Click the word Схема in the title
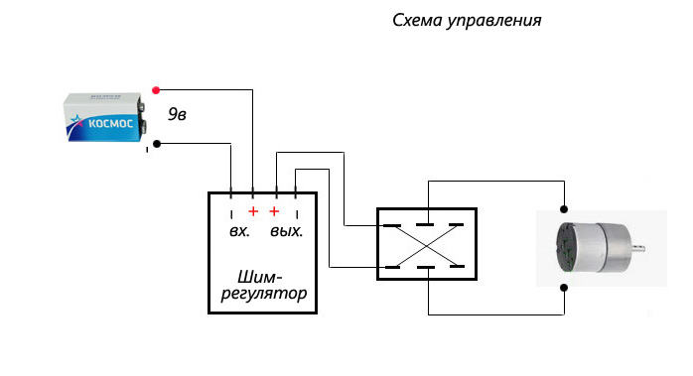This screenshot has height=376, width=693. pyautogui.click(x=417, y=20)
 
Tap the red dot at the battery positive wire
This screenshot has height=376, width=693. pyautogui.click(x=156, y=90)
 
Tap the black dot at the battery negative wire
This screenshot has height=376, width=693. pyautogui.click(x=157, y=144)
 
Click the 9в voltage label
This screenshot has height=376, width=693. pyautogui.click(x=177, y=114)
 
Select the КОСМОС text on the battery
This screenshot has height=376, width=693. pyautogui.click(x=110, y=123)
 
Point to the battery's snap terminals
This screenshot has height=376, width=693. pyautogui.click(x=142, y=116)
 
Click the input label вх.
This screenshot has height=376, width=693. pyautogui.click(x=239, y=231)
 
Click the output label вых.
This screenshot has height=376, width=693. pyautogui.click(x=286, y=231)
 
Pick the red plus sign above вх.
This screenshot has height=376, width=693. pyautogui.click(x=253, y=211)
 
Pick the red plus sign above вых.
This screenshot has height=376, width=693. pyautogui.click(x=274, y=211)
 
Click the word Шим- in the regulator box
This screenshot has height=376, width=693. pyautogui.click(x=260, y=277)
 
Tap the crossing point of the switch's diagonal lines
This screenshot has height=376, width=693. pyautogui.click(x=426, y=246)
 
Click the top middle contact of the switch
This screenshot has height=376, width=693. pyautogui.click(x=425, y=224)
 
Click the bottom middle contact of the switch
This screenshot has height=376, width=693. pyautogui.click(x=426, y=267)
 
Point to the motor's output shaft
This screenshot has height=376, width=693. pyautogui.click(x=638, y=249)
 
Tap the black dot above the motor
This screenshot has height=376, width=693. pyautogui.click(x=564, y=209)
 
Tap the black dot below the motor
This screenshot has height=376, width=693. pyautogui.click(x=564, y=288)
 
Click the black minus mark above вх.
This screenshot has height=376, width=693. pyautogui.click(x=231, y=214)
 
